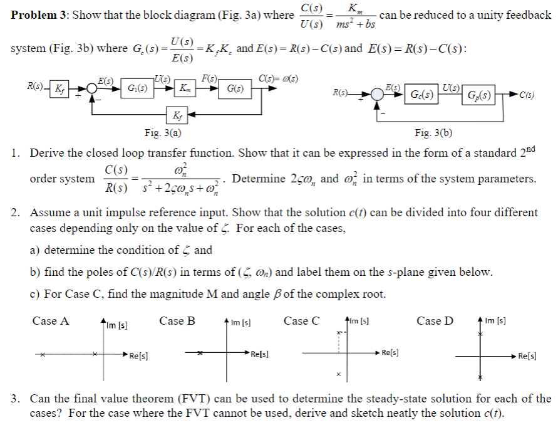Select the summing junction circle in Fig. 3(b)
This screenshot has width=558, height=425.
pos(377,95)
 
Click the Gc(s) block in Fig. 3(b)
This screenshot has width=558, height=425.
pos(421,95)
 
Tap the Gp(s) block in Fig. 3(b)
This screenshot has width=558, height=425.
pos(478,96)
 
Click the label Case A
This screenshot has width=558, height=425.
pos(51,321)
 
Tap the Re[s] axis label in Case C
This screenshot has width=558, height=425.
pos(391,352)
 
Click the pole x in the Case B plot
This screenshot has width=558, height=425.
pos(202,354)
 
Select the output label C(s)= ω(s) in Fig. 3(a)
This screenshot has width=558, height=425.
pos(278,78)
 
